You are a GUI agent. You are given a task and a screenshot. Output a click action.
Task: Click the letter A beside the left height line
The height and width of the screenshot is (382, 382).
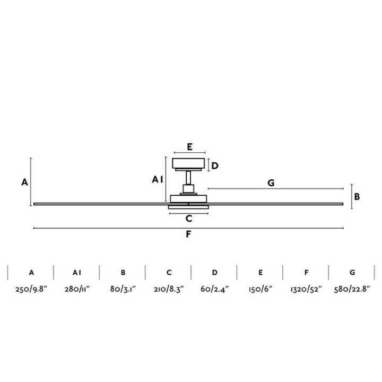coord(24,182)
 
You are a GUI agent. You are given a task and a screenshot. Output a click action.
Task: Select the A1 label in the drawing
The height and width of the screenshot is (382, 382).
coord(157,179)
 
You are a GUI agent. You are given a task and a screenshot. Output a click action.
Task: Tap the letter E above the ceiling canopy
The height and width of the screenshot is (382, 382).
coord(189,147)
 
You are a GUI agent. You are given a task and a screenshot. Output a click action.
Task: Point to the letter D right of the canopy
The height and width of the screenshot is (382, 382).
coord(215,166)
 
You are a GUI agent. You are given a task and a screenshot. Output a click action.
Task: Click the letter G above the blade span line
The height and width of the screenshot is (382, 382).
coord(271,183)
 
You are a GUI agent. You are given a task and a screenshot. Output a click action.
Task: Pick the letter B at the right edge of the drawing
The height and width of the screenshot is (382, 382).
coord(357,197)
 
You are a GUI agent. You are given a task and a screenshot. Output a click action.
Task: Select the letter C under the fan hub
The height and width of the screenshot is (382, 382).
coord(189,219)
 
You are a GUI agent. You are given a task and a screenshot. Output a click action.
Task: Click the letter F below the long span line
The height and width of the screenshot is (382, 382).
coord(188,234)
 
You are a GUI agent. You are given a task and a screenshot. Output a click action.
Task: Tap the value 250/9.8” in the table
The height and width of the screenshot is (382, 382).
coord(31,289)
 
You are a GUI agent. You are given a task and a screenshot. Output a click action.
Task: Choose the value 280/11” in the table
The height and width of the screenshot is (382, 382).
coord(77,289)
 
